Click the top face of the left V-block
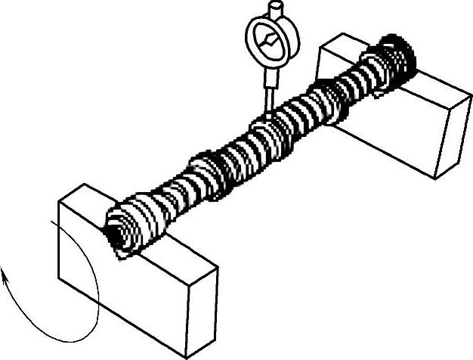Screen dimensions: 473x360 tap(144, 227)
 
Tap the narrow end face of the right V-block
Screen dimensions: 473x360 tap(453, 136)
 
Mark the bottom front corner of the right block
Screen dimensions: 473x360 tap(436, 178)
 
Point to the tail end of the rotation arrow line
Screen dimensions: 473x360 tap(48, 222)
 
